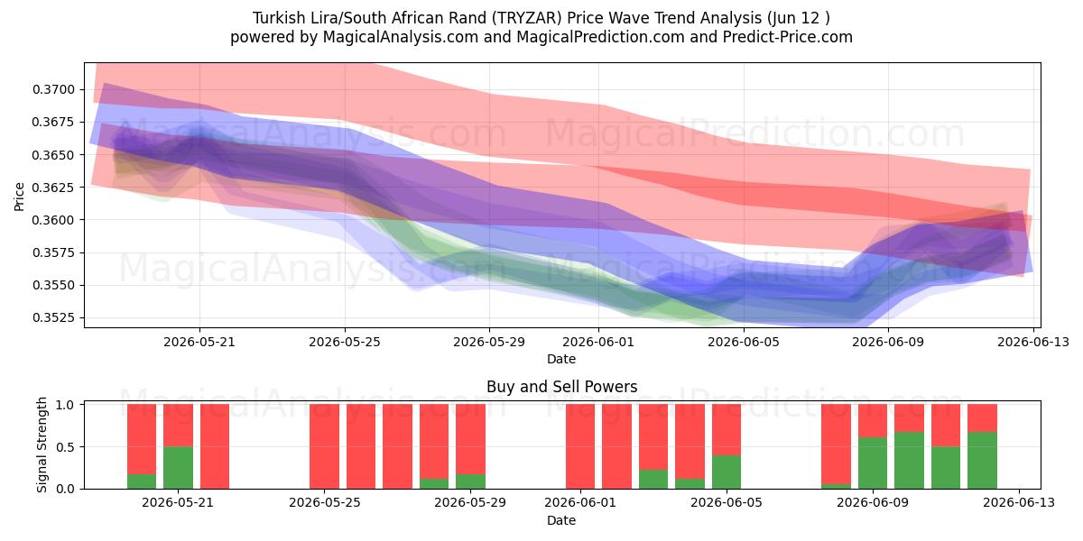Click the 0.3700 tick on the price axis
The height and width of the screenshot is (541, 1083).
pyautogui.click(x=53, y=90)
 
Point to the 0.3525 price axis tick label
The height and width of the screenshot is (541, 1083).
pyautogui.click(x=53, y=317)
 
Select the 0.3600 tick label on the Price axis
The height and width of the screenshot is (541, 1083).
pyautogui.click(x=53, y=220)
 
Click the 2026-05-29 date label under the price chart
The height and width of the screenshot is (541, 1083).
pyautogui.click(x=489, y=342)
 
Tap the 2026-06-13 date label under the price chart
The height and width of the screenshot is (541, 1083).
pyautogui.click(x=1033, y=342)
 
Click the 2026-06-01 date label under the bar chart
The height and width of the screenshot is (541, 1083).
pyautogui.click(x=580, y=502)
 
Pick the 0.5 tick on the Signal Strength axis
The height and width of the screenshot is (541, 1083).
pyautogui.click(x=65, y=447)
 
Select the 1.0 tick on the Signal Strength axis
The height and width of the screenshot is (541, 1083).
pyautogui.click(x=65, y=405)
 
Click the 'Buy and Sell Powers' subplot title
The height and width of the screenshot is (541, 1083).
pyautogui.click(x=561, y=387)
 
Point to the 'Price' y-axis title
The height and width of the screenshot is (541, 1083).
pyautogui.click(x=19, y=197)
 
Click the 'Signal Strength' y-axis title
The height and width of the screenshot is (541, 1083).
pyautogui.click(x=42, y=445)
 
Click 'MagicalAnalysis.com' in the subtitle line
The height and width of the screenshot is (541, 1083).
pyautogui.click(x=401, y=37)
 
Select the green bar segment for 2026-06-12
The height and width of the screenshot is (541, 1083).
pyautogui.click(x=982, y=461)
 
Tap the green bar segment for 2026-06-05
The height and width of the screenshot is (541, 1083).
pyautogui.click(x=727, y=472)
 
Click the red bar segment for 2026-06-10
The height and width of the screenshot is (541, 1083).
pyautogui.click(x=909, y=418)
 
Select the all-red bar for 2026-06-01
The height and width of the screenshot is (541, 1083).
pyautogui.click(x=580, y=446)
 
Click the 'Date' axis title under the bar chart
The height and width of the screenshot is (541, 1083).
pyautogui.click(x=561, y=520)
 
